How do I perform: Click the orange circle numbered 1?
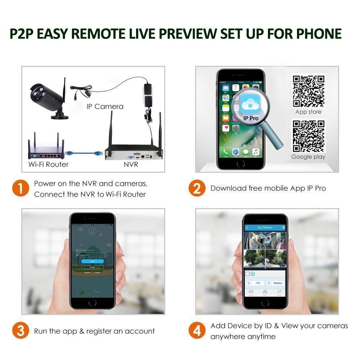21,189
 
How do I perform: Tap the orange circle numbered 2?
197,188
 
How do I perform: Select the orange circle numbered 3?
21,331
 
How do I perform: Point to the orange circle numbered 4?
197,331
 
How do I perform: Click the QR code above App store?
308,91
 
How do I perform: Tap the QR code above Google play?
308,136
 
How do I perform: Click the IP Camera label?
105,107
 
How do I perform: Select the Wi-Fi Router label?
48,165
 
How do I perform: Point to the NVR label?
131,165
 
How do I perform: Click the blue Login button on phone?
92,261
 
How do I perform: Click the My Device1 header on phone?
265,228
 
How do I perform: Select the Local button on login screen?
92,267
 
